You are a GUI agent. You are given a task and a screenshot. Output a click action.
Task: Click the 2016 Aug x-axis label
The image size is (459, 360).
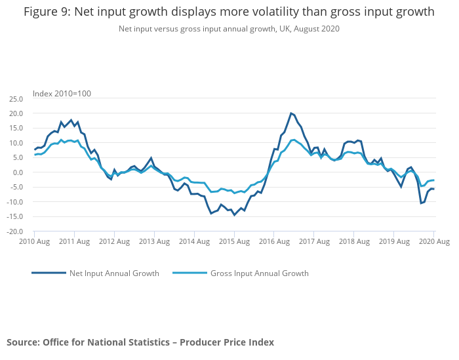(x=275, y=242)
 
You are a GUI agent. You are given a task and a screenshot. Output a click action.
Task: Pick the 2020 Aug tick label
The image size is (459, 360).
(x=433, y=242)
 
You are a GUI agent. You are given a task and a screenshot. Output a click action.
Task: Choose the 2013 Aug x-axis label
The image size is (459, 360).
(x=155, y=242)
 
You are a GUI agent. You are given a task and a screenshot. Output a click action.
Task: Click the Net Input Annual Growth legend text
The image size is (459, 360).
(x=114, y=273)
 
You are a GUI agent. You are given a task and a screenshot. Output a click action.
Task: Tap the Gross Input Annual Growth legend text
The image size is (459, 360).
(x=259, y=273)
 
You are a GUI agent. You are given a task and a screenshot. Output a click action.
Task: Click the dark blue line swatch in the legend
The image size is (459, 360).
(x=49, y=273)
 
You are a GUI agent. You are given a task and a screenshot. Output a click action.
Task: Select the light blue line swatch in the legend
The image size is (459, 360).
(x=190, y=273)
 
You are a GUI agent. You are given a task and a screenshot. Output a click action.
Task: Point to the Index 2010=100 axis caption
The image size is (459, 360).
(x=62, y=93)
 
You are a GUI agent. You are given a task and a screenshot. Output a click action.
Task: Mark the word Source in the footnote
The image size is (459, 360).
(x=23, y=342)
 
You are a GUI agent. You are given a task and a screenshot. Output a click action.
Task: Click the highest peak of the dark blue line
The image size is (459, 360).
(x=290, y=113)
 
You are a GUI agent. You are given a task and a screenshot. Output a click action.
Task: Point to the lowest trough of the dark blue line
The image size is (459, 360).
(x=234, y=215)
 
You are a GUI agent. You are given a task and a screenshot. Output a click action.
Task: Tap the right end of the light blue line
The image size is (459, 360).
(x=433, y=180)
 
